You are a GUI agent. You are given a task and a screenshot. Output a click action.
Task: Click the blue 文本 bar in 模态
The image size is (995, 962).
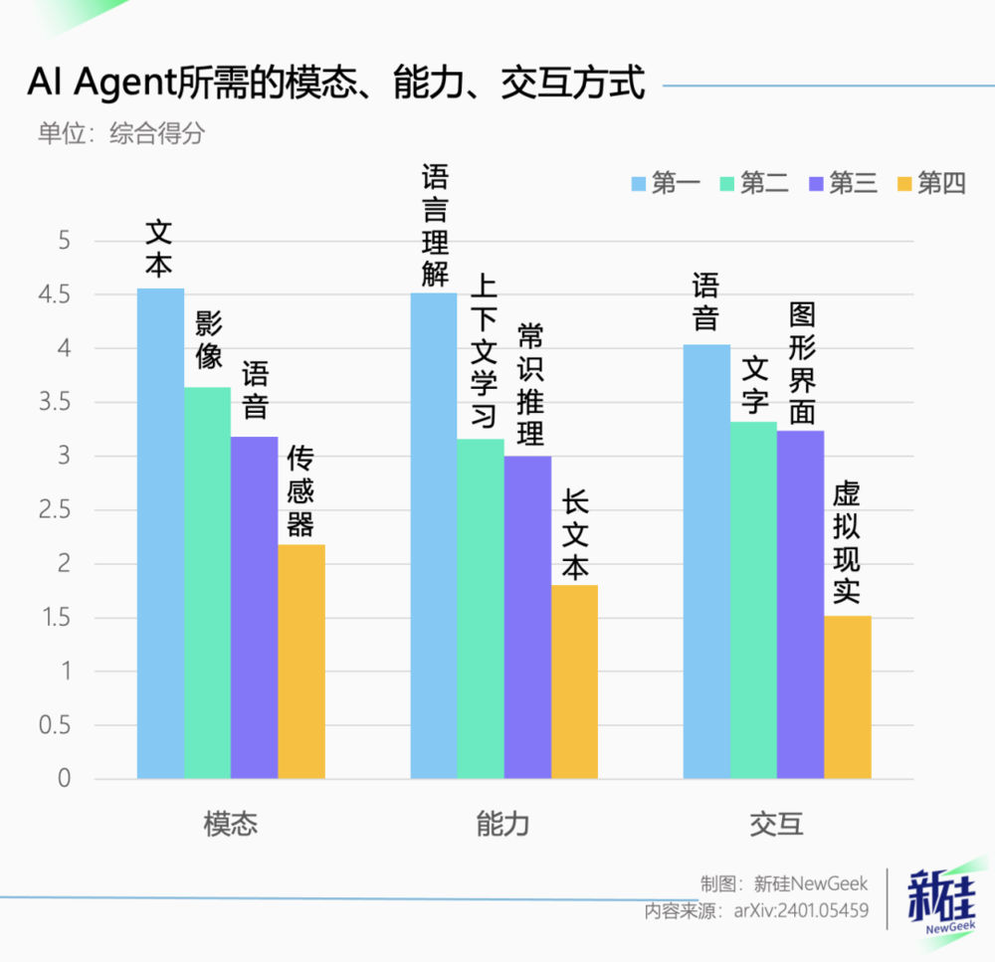point(160,533)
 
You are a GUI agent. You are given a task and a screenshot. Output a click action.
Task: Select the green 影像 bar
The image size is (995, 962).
point(208,583)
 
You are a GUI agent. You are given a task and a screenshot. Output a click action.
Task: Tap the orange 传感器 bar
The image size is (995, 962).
point(301,662)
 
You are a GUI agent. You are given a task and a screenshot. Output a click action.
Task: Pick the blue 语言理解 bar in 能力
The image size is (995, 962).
point(434,535)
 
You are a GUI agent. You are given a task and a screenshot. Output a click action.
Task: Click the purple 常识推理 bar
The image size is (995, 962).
point(528,618)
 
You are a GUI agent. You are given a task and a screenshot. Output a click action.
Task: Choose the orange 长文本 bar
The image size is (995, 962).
point(574,682)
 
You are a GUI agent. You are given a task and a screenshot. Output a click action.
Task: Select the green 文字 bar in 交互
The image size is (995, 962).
point(753,600)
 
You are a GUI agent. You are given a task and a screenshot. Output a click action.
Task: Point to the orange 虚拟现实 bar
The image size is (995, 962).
point(848,697)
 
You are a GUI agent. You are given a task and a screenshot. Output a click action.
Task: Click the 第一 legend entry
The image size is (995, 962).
point(666,183)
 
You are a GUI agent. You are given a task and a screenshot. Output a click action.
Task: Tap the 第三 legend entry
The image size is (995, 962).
point(844,183)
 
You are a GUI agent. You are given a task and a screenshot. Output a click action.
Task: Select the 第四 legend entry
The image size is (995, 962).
point(931,183)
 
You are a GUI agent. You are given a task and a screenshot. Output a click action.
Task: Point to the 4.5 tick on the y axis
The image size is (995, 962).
point(55,295)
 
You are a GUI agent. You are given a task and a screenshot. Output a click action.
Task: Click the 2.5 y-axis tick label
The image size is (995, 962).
point(55,510)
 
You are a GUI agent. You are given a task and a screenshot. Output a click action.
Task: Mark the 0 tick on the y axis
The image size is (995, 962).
point(64,779)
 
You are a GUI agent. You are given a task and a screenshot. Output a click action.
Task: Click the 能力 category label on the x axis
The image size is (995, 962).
point(503,825)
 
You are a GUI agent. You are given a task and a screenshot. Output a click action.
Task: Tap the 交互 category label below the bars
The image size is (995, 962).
point(777,825)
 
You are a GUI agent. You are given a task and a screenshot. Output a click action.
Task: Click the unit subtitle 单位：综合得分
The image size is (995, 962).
point(121,133)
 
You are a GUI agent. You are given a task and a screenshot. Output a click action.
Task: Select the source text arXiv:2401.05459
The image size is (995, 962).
point(801,911)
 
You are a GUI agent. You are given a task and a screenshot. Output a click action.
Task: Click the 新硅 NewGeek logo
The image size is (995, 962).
point(942,901)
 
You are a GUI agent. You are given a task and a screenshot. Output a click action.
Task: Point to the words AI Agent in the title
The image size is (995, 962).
point(101,83)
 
